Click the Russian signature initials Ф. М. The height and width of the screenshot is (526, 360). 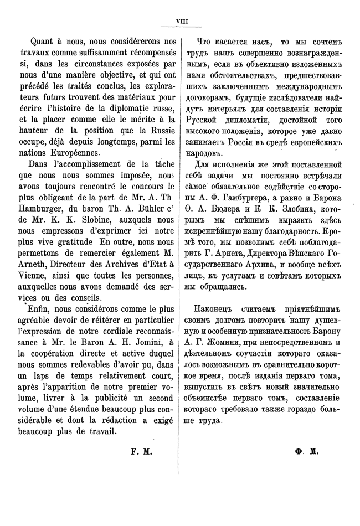305,452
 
